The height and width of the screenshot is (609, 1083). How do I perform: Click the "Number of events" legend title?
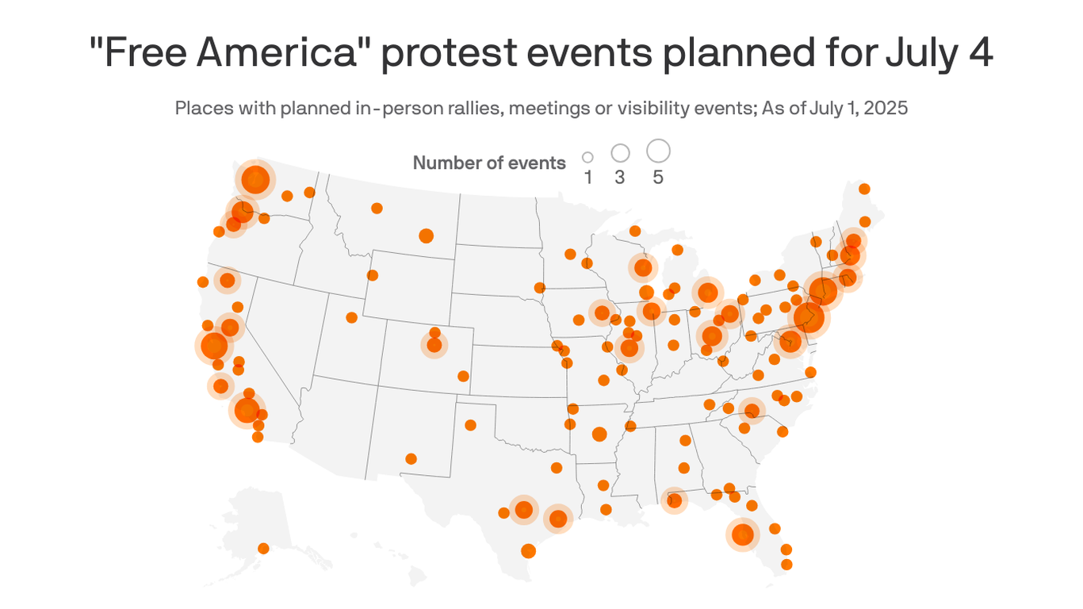click(x=489, y=163)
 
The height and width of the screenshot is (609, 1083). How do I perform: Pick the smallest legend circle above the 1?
click(x=587, y=158)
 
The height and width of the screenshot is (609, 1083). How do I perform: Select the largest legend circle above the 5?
click(x=658, y=150)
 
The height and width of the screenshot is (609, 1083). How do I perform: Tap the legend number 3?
click(x=619, y=178)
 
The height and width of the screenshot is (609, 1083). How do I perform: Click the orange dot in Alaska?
click(x=263, y=548)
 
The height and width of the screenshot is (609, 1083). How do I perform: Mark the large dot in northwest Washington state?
click(x=255, y=180)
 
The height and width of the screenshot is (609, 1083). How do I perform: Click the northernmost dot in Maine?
click(x=864, y=189)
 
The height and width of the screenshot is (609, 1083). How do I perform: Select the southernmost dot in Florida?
click(x=786, y=565)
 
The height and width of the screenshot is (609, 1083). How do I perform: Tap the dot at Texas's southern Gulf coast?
click(x=528, y=550)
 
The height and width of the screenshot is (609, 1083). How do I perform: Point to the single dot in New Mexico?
click(x=411, y=458)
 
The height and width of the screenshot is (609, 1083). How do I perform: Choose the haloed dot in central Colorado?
click(x=434, y=345)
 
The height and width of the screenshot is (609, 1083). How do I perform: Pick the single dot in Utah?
click(x=351, y=317)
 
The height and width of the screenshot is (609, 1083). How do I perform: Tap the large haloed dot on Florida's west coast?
click(x=743, y=534)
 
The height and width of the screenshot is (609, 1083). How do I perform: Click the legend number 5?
click(x=658, y=178)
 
